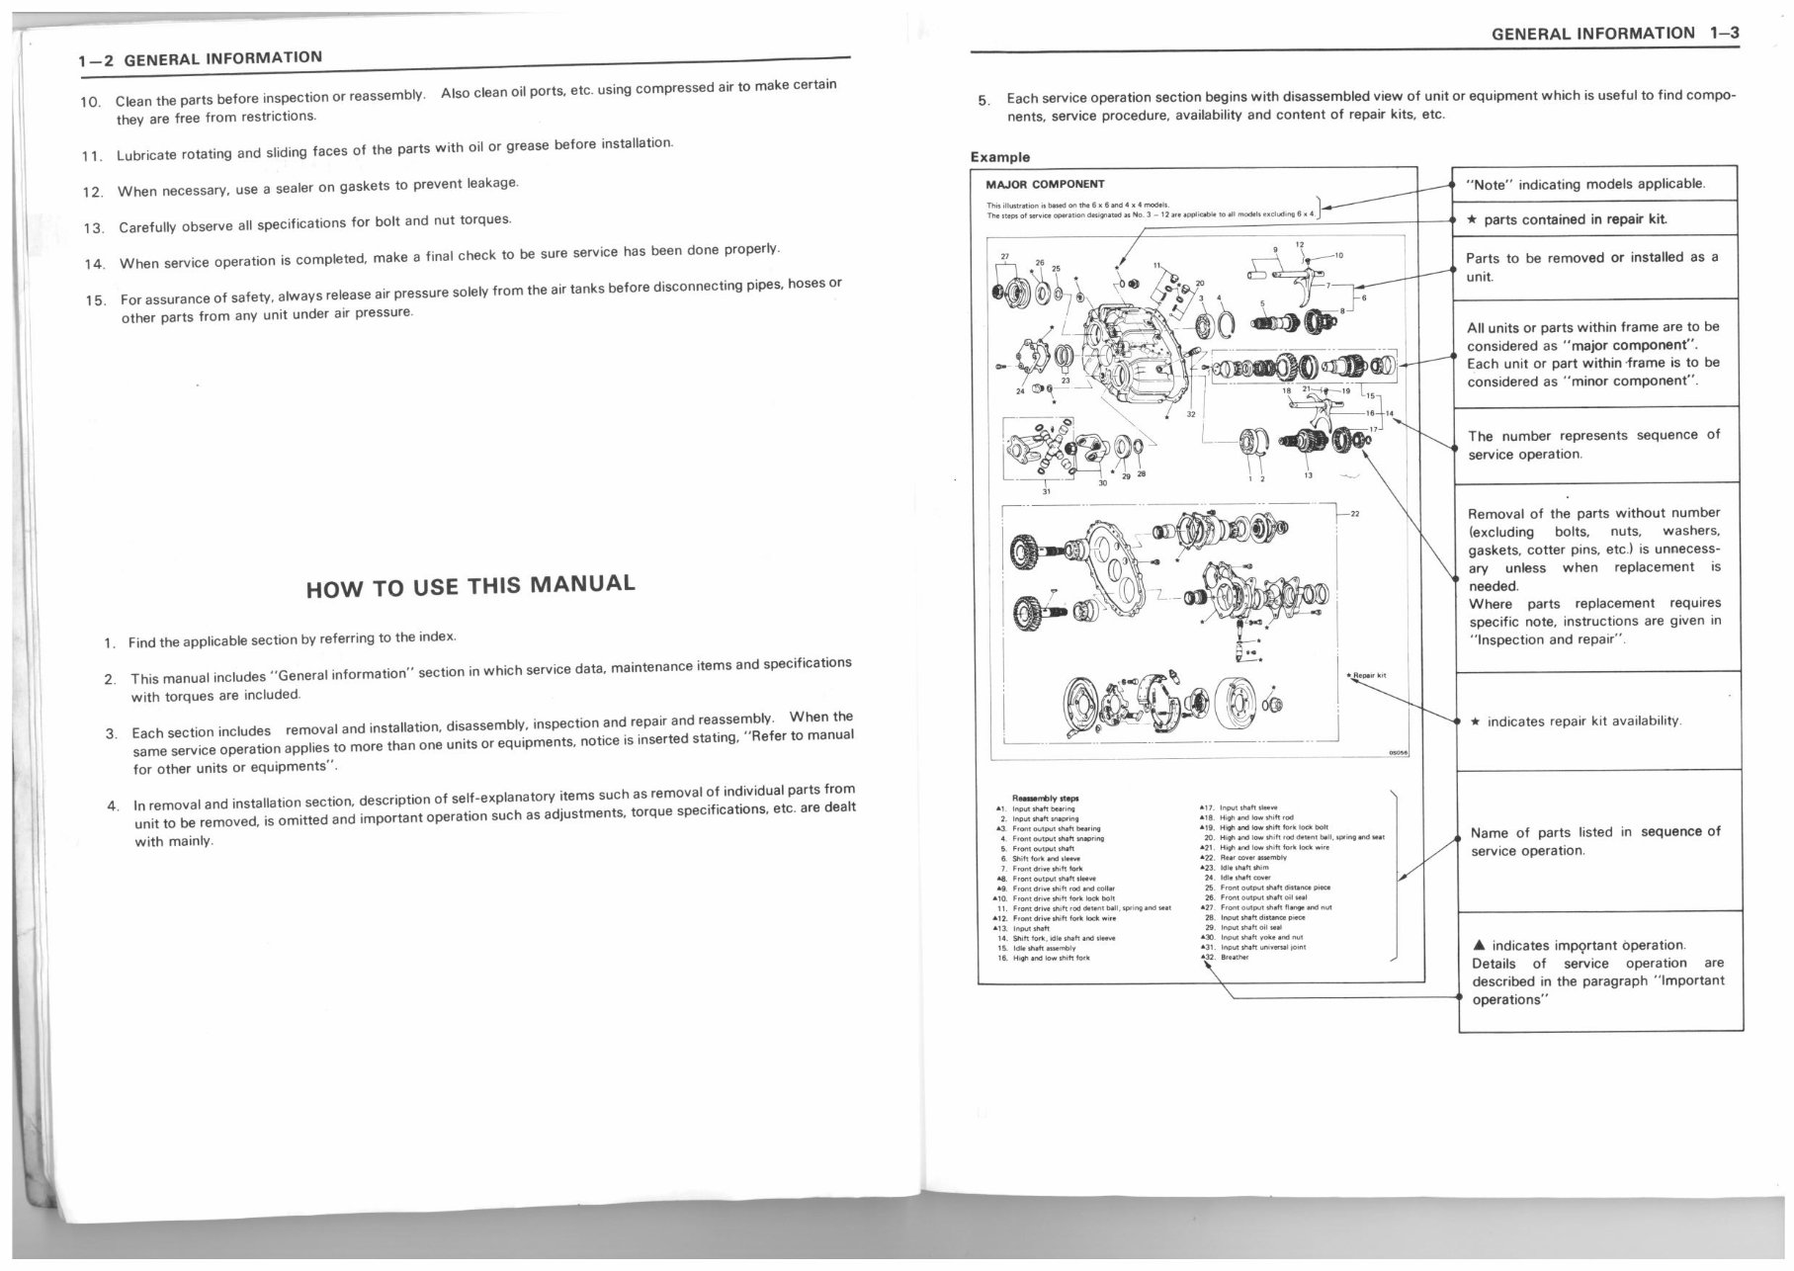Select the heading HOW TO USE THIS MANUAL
(470, 585)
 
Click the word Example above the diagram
(999, 157)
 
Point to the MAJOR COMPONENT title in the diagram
(1045, 184)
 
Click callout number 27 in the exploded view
(1006, 257)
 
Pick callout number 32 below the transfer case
(1191, 415)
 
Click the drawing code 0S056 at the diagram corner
(1398, 752)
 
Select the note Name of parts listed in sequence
(1594, 841)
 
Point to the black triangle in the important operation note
(1479, 946)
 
